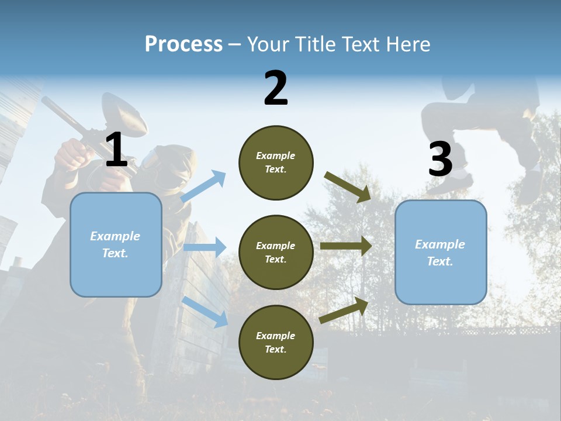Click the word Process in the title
pyautogui.click(x=183, y=44)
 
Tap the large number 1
pyautogui.click(x=116, y=150)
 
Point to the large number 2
pyautogui.click(x=276, y=88)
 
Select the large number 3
pyautogui.click(x=440, y=159)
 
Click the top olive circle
pyautogui.click(x=276, y=163)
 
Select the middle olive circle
pyautogui.click(x=276, y=252)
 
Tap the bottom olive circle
pyautogui.click(x=276, y=342)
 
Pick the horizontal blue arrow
pyautogui.click(x=205, y=247)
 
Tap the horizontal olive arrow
pyautogui.click(x=346, y=246)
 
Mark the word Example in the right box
pyautogui.click(x=440, y=244)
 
